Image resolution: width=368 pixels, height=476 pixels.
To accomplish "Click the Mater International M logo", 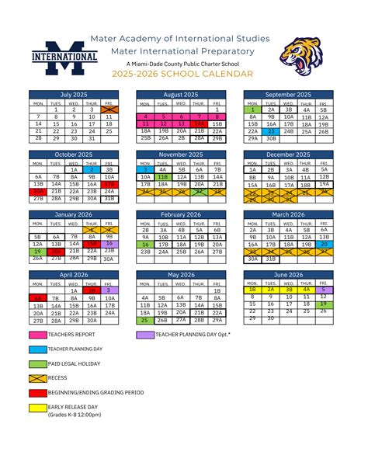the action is tap(64, 56).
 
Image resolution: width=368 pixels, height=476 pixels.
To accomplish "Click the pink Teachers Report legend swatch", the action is tap(36, 334).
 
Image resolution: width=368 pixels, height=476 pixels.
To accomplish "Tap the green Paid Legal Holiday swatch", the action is tap(36, 363).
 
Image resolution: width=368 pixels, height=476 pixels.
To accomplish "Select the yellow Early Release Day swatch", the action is tap(36, 407).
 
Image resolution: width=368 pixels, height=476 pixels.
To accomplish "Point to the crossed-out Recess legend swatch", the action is tap(36, 377).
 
